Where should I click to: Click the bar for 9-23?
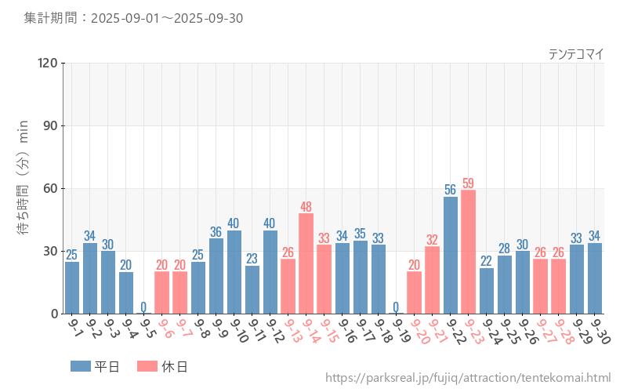point(469,252)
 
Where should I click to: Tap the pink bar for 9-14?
point(306,263)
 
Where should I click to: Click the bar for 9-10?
point(234,272)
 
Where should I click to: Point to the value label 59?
point(469,183)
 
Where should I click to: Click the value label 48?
point(306,207)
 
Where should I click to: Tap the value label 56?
point(451,190)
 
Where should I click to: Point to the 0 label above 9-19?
point(397,307)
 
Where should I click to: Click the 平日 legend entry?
point(95,366)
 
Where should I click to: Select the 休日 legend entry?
point(162,366)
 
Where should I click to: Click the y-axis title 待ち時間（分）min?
point(24,188)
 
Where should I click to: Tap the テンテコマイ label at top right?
point(575,54)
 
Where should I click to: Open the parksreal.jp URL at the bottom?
point(467,379)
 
